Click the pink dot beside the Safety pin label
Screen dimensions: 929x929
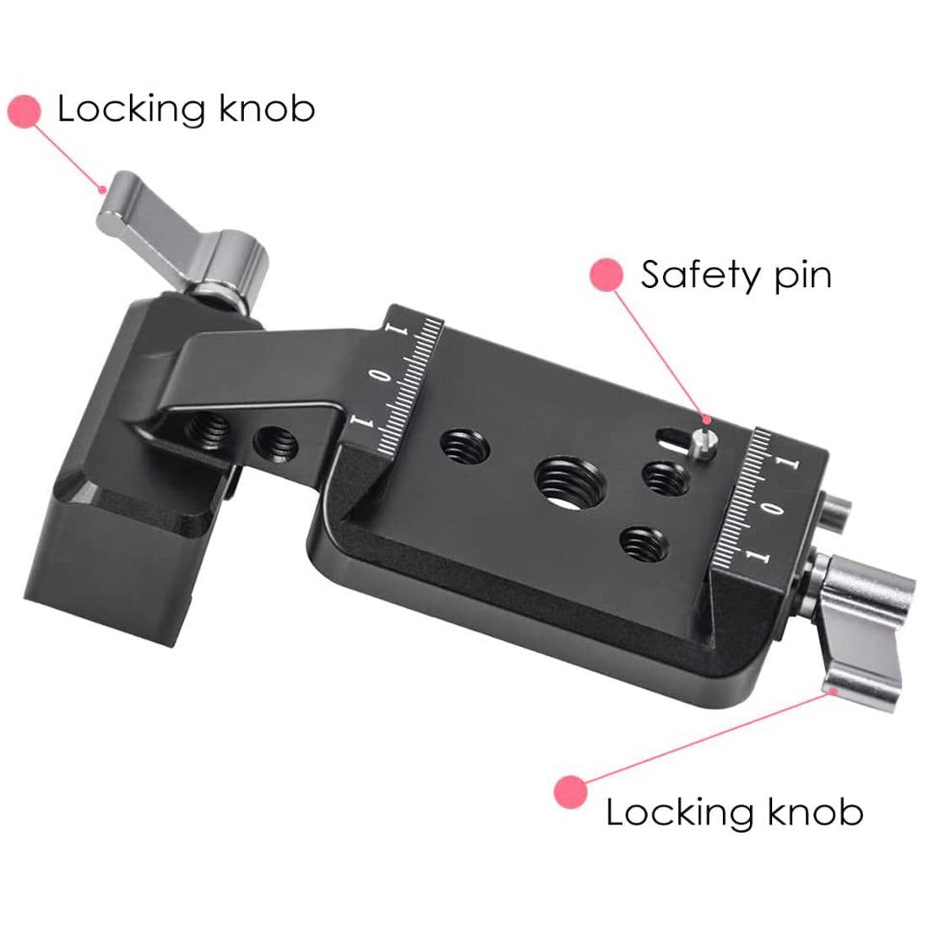(x=606, y=275)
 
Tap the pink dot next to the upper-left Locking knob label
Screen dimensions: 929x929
(x=24, y=111)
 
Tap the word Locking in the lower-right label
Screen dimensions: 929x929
(x=667, y=812)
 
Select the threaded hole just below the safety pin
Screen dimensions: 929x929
(x=667, y=480)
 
